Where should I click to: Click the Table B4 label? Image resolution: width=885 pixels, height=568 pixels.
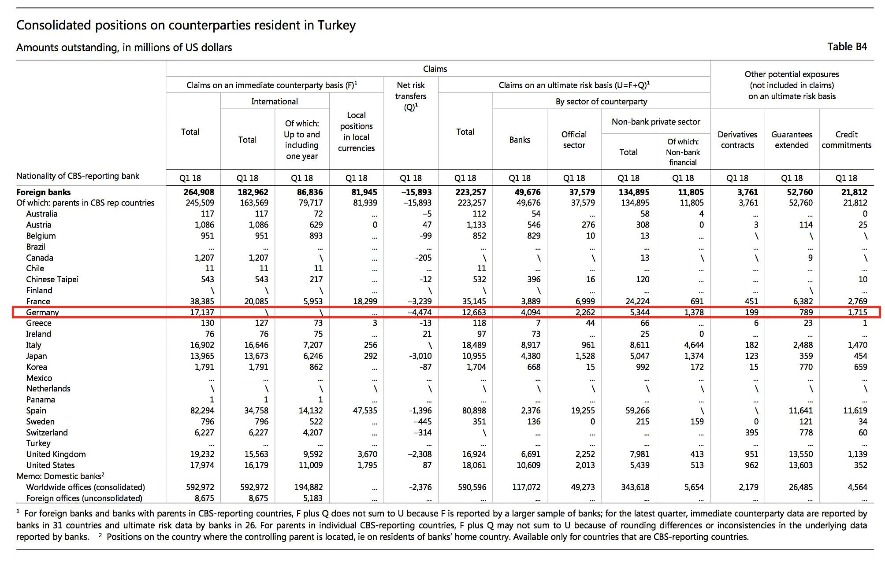point(847,47)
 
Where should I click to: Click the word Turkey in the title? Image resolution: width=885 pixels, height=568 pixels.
point(336,26)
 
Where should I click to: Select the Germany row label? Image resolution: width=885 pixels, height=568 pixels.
point(42,313)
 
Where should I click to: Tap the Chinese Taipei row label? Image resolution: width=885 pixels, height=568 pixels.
point(52,279)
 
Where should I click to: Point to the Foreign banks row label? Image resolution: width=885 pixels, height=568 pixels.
point(43,192)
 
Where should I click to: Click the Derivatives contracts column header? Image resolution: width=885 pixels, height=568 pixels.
point(737,140)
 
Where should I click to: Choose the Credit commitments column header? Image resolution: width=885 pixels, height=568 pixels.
point(846,140)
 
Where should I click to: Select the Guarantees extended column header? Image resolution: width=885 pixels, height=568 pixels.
point(792,140)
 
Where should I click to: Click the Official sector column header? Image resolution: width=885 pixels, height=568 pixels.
point(574,140)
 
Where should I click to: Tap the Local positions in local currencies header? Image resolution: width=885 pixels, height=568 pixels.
point(356,132)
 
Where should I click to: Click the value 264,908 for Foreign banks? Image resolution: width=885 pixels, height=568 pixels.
point(199,192)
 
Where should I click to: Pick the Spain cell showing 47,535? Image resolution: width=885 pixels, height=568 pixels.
point(365,410)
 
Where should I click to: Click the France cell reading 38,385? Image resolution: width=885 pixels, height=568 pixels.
point(202,301)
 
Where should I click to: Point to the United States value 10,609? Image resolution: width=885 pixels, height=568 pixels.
point(528,465)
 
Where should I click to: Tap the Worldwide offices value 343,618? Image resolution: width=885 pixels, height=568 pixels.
point(635,487)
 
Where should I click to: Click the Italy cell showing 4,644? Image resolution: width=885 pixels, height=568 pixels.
point(694,345)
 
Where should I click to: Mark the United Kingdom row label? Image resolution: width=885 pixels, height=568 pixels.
point(56,454)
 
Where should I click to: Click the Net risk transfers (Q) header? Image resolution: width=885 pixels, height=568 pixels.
point(411,96)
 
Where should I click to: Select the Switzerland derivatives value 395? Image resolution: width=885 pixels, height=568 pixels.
point(751,432)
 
